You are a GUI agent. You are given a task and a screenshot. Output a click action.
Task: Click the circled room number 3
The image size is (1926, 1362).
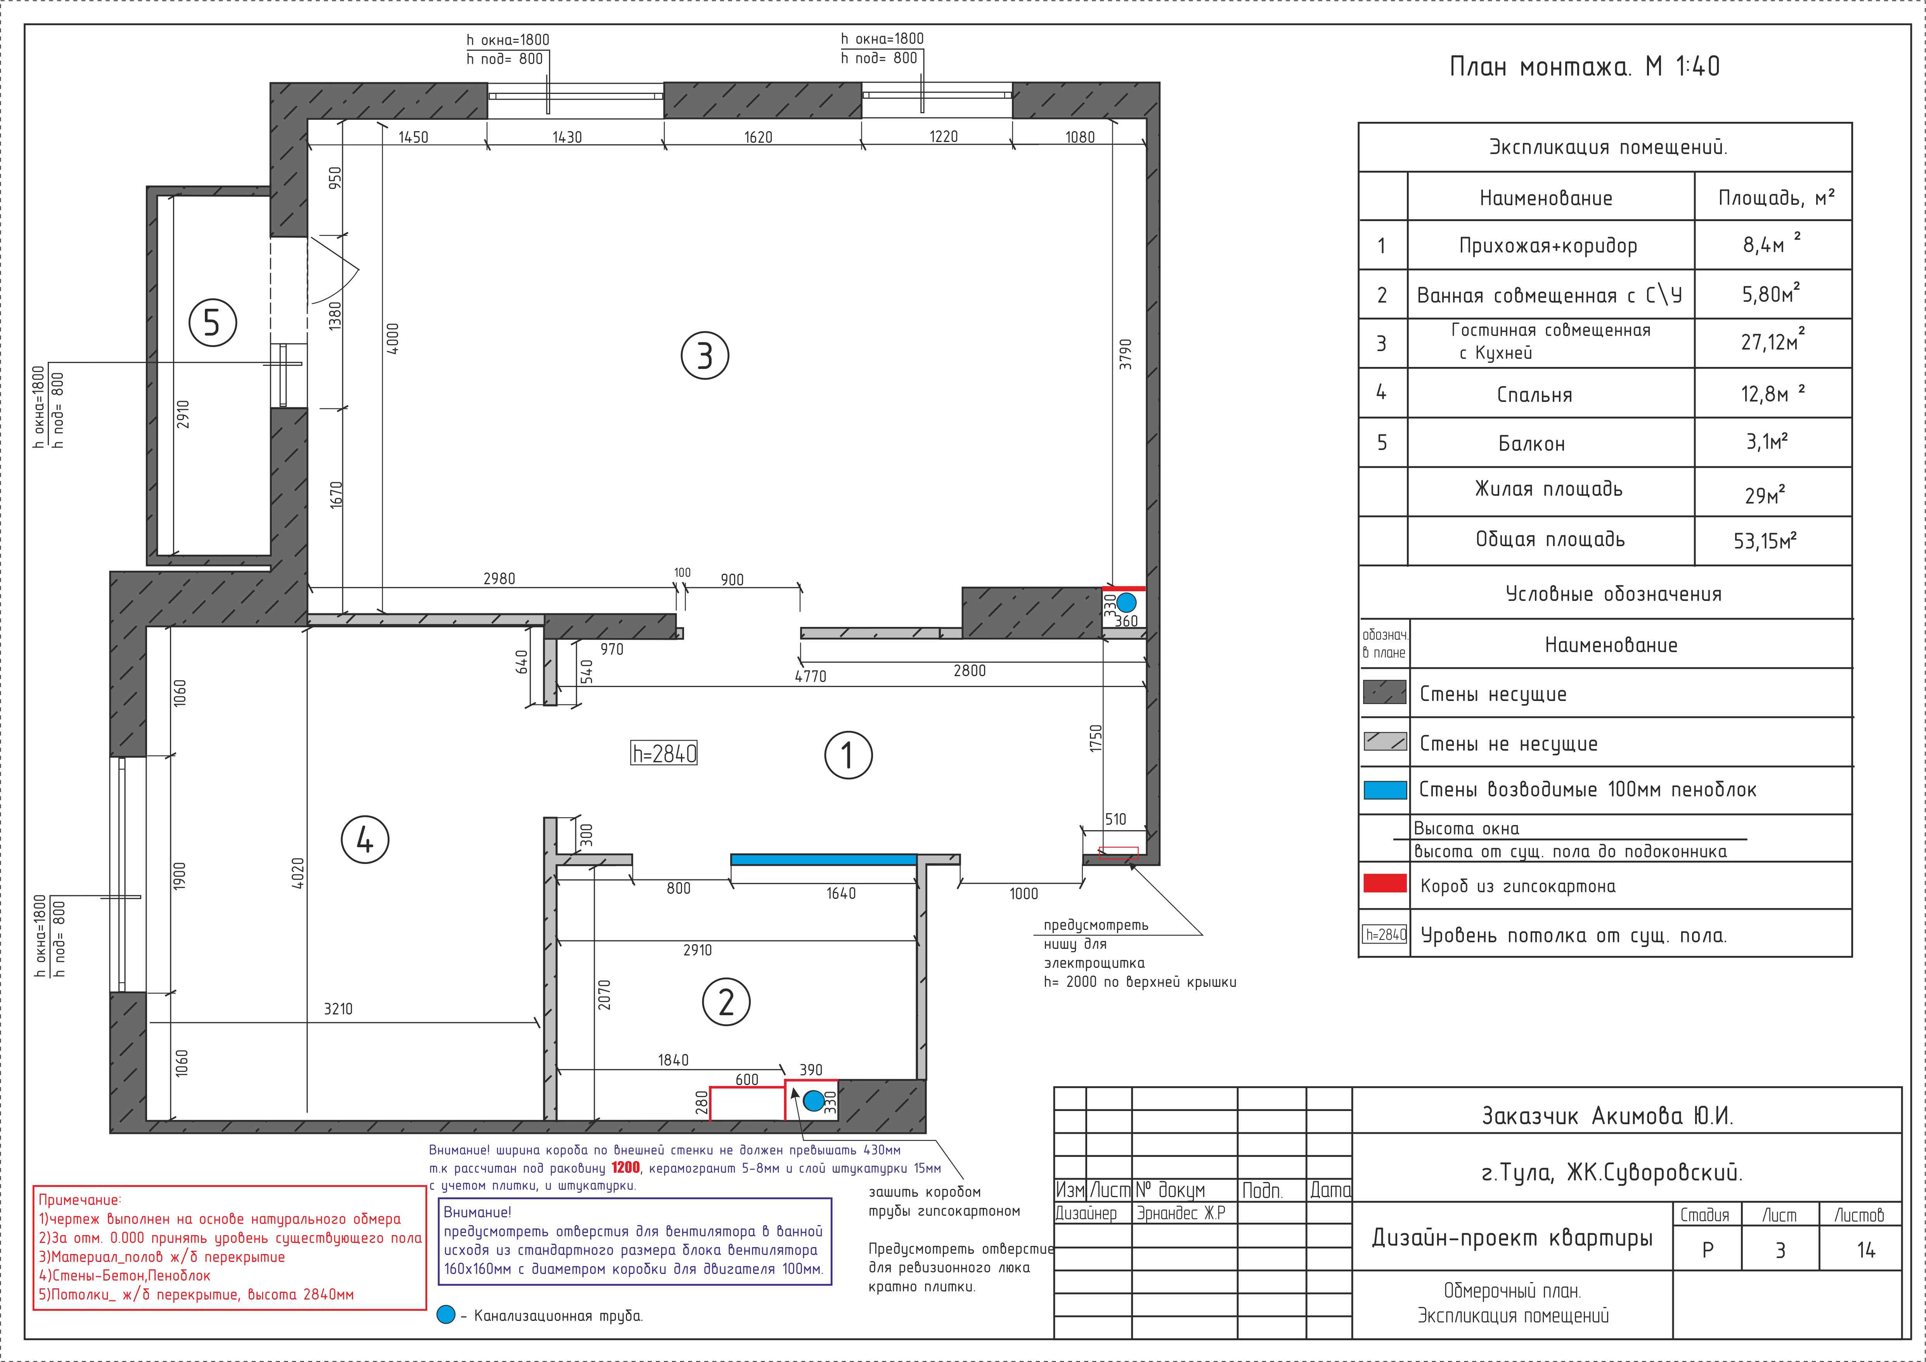pyautogui.click(x=705, y=356)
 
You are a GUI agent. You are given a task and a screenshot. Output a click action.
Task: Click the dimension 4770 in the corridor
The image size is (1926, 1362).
pyautogui.click(x=811, y=676)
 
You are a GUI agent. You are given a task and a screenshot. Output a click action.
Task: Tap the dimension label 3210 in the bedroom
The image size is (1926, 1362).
pyautogui.click(x=338, y=1009)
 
